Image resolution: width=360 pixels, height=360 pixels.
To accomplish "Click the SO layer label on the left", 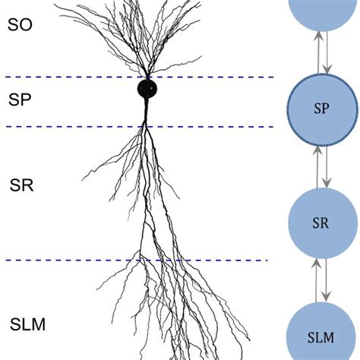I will pyautogui.click(x=19, y=24).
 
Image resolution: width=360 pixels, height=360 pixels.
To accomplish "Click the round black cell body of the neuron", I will pyautogui.click(x=148, y=89).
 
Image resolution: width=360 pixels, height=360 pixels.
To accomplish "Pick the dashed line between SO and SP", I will pyautogui.click(x=76, y=77).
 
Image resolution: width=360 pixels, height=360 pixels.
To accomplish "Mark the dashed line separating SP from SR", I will pyautogui.click(x=76, y=126).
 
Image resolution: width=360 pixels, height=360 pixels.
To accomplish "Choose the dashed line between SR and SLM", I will pyautogui.click(x=76, y=261).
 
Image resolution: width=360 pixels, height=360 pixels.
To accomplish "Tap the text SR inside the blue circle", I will pyautogui.click(x=321, y=223).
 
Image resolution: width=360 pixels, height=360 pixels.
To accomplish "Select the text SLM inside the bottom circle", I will pyautogui.click(x=321, y=336).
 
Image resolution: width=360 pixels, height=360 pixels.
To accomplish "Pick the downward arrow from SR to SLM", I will pyautogui.click(x=326, y=280).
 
